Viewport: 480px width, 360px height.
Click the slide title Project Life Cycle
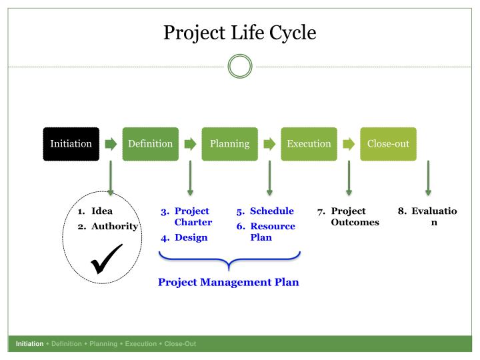pyautogui.click(x=240, y=32)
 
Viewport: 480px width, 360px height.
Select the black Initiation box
pyautogui.click(x=71, y=144)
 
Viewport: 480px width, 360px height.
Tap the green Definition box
pyautogui.click(x=151, y=144)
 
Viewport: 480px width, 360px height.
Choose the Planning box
pyautogui.click(x=230, y=144)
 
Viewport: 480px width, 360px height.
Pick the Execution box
pyautogui.click(x=309, y=144)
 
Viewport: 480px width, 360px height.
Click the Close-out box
pyautogui.click(x=388, y=144)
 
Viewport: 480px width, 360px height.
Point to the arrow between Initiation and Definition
pyautogui.click(x=111, y=144)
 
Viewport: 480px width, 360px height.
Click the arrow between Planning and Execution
pyautogui.click(x=269, y=144)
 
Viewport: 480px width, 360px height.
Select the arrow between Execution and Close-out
pyautogui.click(x=349, y=144)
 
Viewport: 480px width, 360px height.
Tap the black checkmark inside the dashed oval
pyautogui.click(x=106, y=259)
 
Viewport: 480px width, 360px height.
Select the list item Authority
pyautogui.click(x=114, y=226)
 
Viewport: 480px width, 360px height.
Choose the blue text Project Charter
pyautogui.click(x=193, y=217)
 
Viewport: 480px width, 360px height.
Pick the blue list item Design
pyautogui.click(x=191, y=237)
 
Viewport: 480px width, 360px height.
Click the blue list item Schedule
pyautogui.click(x=271, y=211)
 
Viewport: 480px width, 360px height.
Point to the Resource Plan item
pyautogui.click(x=272, y=231)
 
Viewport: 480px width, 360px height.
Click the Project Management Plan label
pyautogui.click(x=229, y=282)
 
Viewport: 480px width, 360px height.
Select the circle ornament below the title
pyautogui.click(x=240, y=67)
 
